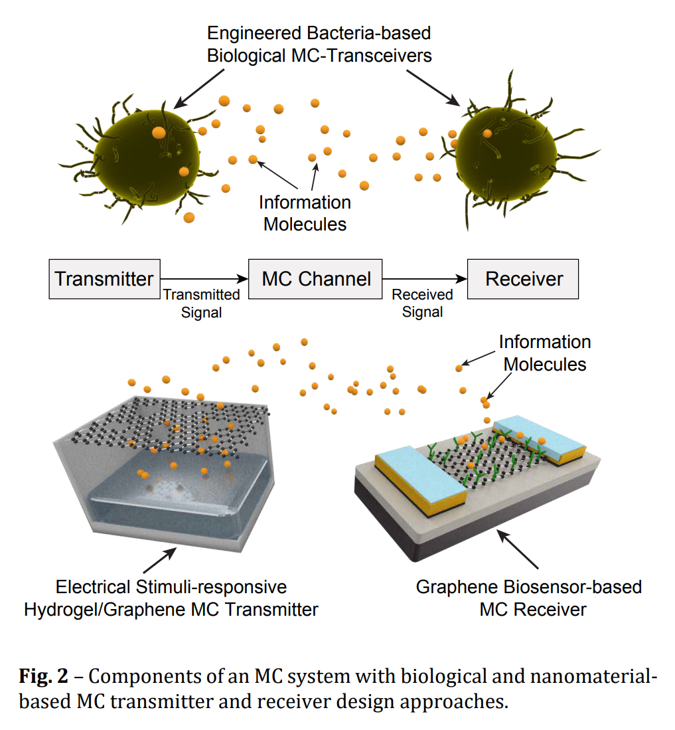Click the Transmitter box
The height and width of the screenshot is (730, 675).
104,278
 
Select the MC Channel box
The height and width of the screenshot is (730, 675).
316,278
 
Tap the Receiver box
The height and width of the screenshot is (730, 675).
523,278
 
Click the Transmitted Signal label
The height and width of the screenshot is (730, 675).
201,303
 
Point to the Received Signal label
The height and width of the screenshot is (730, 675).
422,303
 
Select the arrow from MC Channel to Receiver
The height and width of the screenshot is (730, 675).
425,279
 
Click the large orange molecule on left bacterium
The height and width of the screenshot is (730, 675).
158,133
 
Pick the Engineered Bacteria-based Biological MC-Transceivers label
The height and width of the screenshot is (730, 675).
319,44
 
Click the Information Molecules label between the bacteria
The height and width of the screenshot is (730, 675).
305,213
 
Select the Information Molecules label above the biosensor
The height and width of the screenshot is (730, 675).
544,353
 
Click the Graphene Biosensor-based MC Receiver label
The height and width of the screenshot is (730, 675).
528,598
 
